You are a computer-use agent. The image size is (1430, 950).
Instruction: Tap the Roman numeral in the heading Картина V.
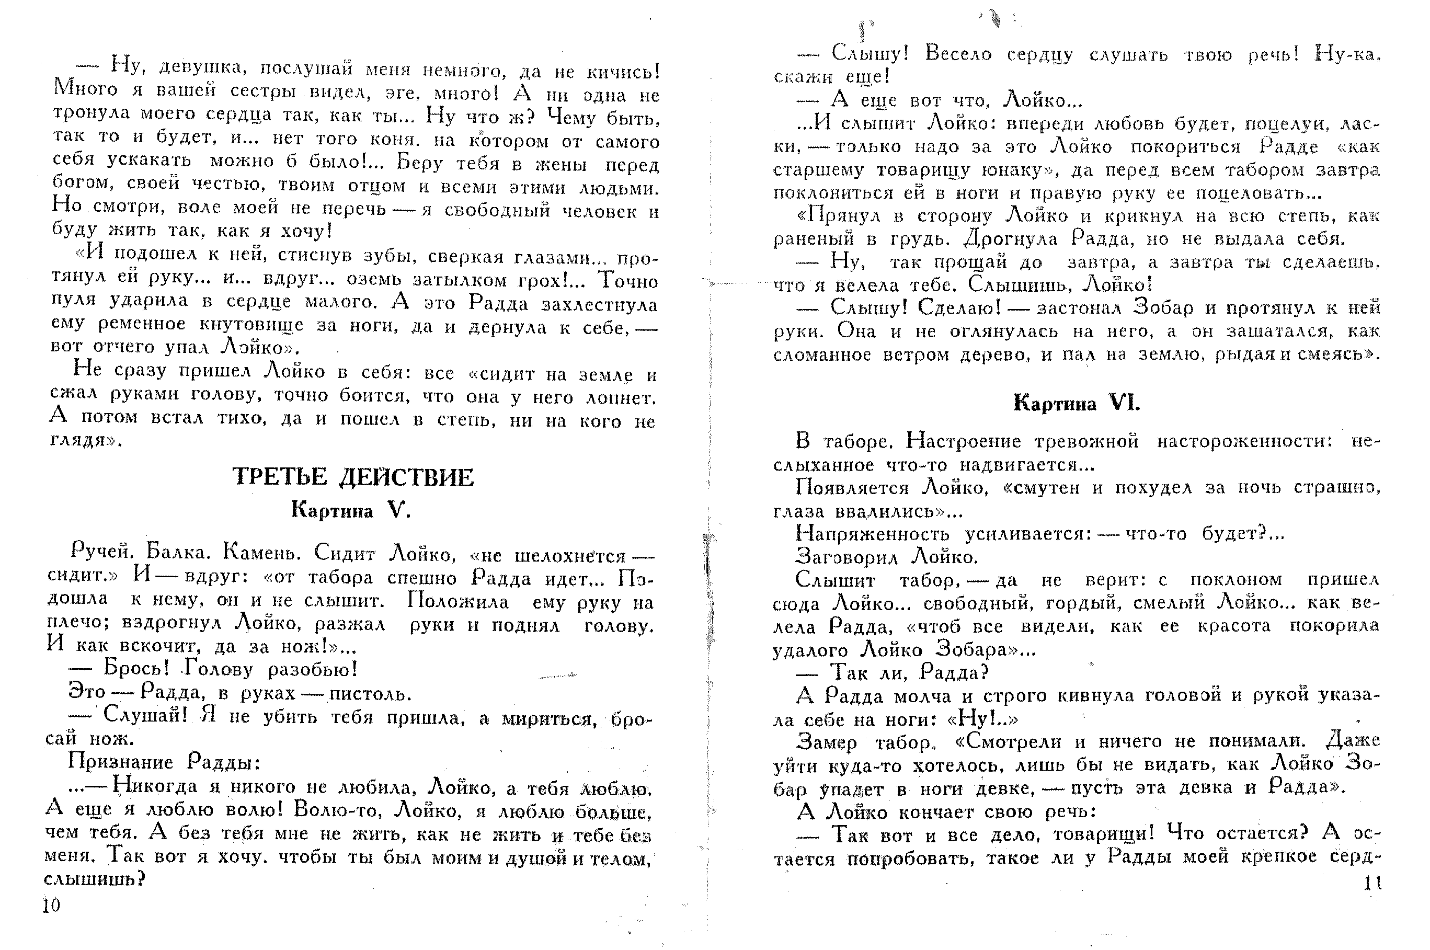pyautogui.click(x=399, y=511)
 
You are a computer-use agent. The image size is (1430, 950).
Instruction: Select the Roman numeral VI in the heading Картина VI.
pyautogui.click(x=1124, y=403)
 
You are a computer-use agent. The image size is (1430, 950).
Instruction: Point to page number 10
pyautogui.click(x=52, y=905)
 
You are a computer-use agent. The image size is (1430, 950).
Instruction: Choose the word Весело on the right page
pyautogui.click(x=958, y=54)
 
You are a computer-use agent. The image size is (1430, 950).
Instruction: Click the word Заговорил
pyautogui.click(x=847, y=556)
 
